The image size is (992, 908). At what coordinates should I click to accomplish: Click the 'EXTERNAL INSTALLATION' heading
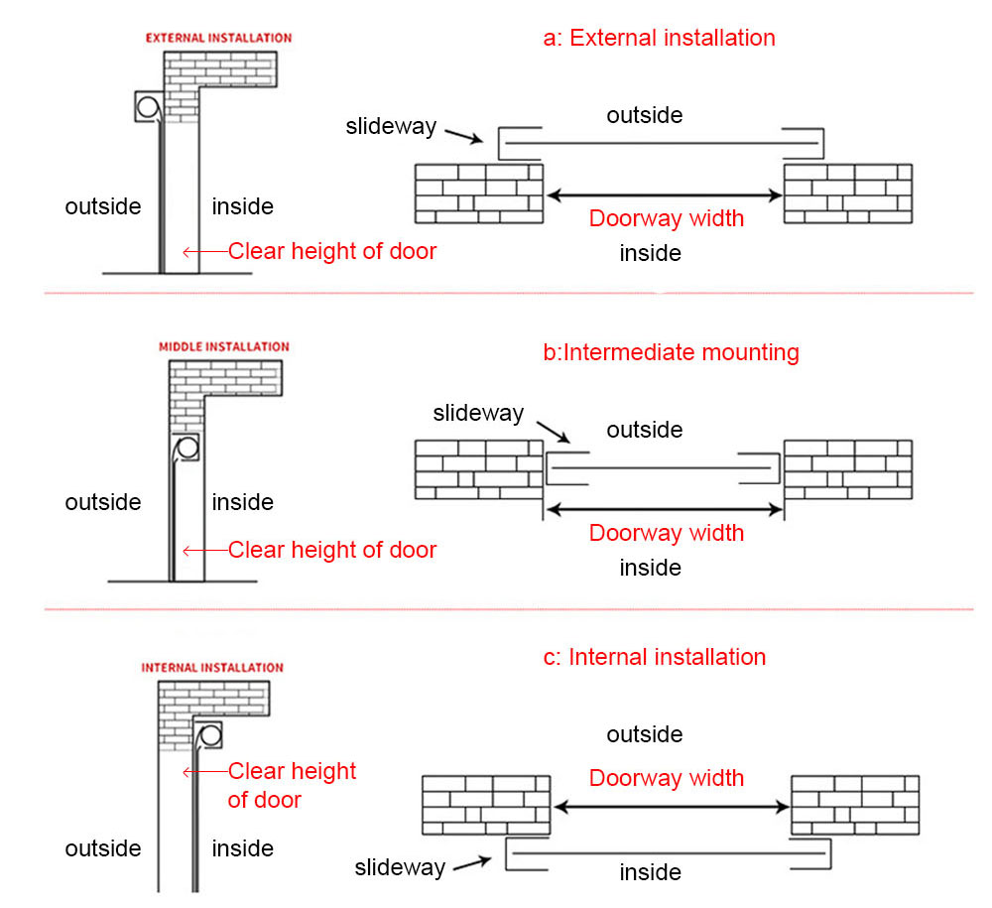pos(218,38)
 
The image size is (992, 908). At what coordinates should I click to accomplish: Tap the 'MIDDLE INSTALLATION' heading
pos(224,347)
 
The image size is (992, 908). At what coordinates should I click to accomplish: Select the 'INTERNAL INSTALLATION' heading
pos(212,668)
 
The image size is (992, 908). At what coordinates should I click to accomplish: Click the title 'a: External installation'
pos(659,39)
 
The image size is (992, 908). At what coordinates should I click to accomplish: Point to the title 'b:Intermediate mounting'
pos(671,352)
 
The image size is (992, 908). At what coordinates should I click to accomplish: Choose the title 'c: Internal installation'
pos(655,657)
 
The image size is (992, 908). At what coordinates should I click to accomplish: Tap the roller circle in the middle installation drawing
pos(186,448)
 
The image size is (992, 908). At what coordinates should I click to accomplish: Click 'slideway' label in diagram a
pos(391,126)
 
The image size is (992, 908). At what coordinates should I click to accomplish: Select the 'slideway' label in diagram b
pos(478,413)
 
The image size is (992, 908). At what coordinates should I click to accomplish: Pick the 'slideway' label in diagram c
pos(400,868)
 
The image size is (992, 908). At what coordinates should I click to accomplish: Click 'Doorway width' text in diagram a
pos(666,218)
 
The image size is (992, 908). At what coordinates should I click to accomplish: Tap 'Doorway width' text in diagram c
pos(666,778)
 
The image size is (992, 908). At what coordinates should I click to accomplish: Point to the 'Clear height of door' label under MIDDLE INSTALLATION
pos(331,550)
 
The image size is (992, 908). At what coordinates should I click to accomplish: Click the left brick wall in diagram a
pos(479,193)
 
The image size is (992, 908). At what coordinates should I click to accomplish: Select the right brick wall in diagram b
pos(847,469)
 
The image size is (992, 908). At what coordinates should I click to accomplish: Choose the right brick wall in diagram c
pos(855,804)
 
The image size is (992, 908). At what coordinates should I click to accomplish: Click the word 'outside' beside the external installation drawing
pos(103,206)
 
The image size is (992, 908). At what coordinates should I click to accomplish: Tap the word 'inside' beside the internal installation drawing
pos(243,848)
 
